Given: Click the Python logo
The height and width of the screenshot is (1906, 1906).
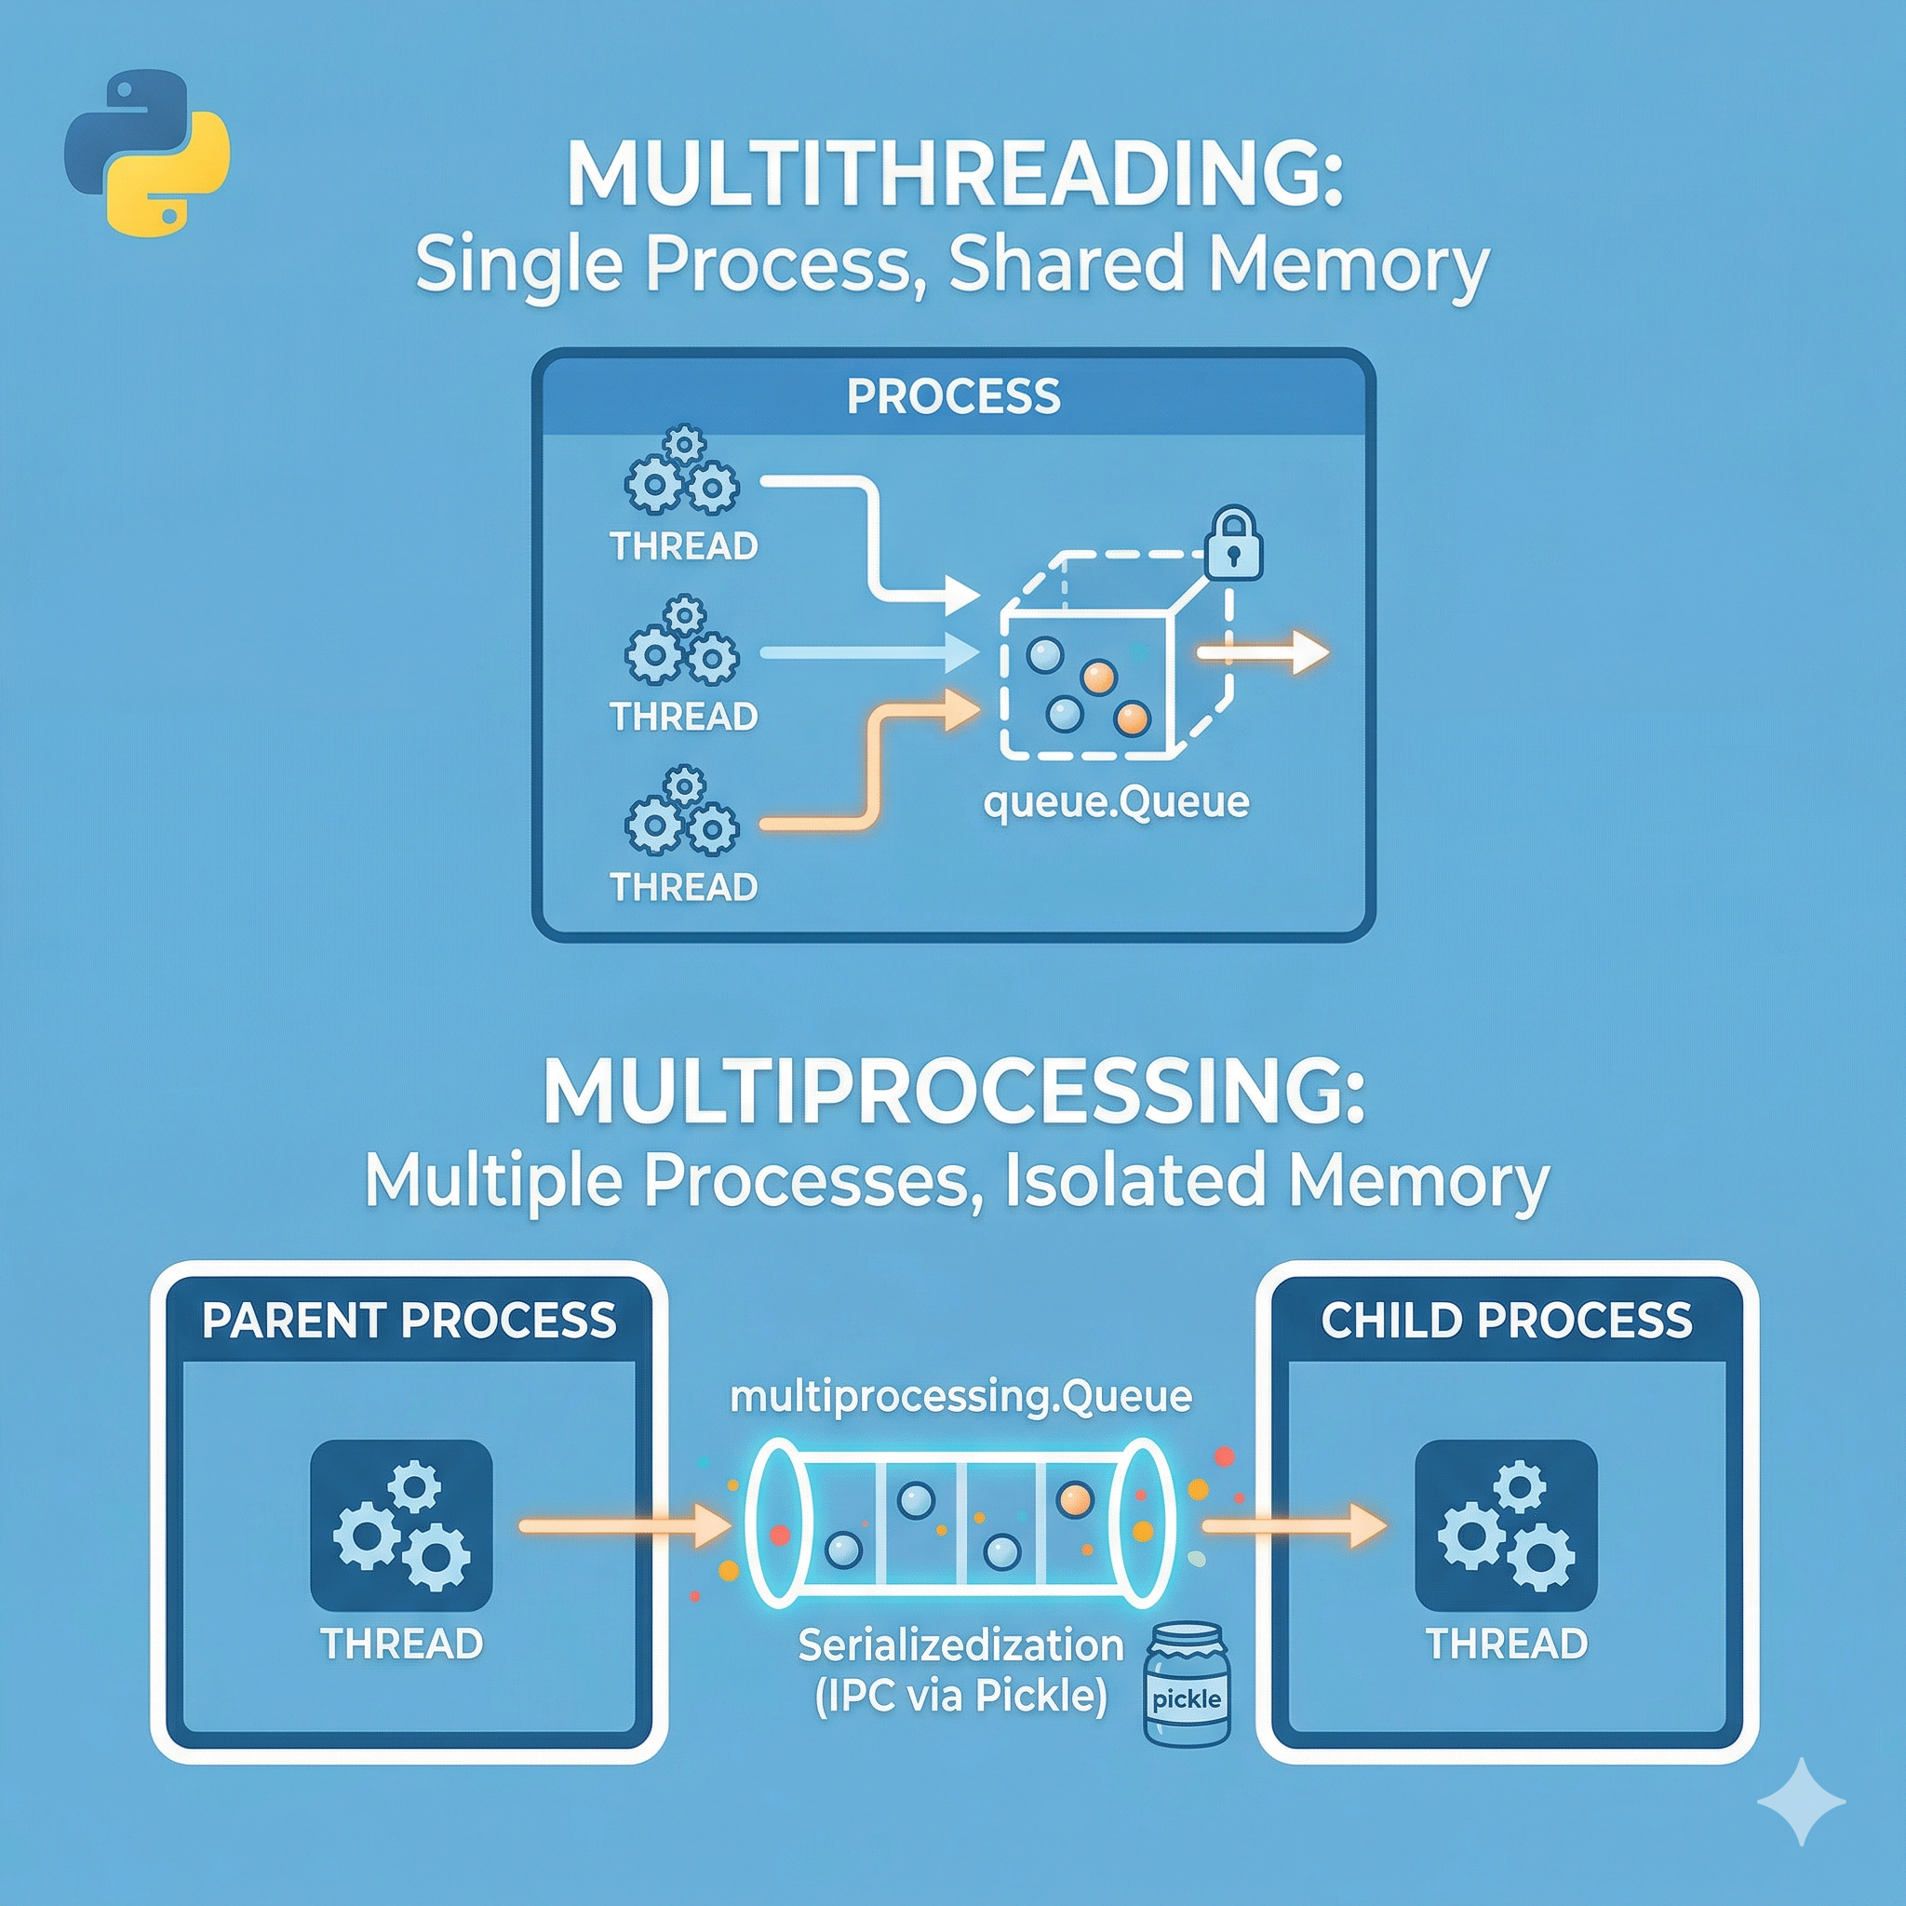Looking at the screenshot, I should [146, 151].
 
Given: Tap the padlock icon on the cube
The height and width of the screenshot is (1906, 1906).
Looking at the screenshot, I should [1233, 544].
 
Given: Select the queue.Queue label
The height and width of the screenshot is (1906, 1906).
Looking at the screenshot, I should [1116, 803].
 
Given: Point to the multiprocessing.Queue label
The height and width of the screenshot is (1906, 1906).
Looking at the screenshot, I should [960, 1396].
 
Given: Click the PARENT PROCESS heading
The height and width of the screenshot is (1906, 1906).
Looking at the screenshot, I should [409, 1320].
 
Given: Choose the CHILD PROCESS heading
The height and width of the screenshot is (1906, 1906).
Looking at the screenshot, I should [1507, 1320].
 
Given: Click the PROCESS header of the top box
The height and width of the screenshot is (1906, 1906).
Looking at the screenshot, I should [953, 396].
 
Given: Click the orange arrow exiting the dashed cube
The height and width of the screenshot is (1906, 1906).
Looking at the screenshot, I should [1263, 653].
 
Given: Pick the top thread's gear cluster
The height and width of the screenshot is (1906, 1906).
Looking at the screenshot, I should [681, 473].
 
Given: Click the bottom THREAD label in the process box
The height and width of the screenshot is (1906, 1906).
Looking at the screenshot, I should [684, 887].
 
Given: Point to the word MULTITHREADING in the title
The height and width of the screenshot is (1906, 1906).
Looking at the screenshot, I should [953, 176].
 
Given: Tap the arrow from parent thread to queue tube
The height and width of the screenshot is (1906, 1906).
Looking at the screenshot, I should [624, 1526].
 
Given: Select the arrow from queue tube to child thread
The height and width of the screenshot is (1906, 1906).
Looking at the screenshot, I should [1293, 1526].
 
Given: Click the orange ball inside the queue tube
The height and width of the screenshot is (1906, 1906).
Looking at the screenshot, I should [1074, 1500].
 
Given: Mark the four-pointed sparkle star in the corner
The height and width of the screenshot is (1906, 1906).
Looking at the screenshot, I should [1801, 1802].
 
